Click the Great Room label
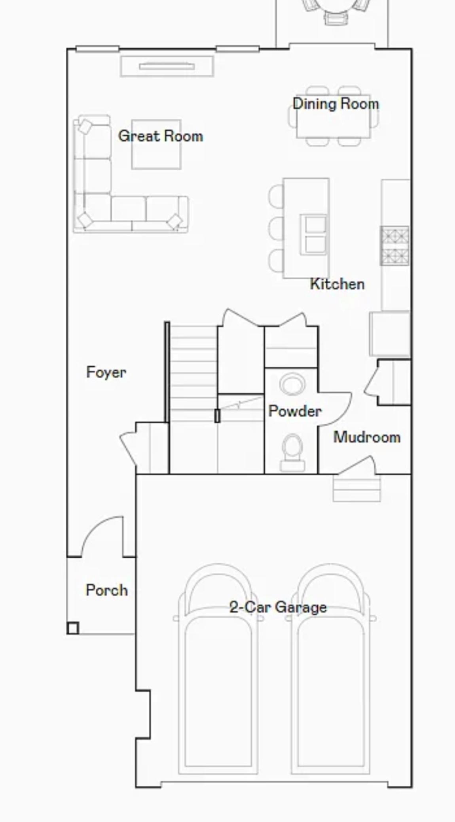coord(161,136)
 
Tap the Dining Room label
coord(336,104)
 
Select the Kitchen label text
coord(337,284)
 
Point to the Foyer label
coord(106,372)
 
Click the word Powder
coord(295,411)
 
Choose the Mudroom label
coord(367,437)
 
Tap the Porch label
coord(107,590)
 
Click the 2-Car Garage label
coord(278,607)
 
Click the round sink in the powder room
coord(292,384)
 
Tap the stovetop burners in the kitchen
coord(394,246)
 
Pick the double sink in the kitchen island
coord(314,234)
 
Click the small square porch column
coord(73,628)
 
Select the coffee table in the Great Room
coord(156,144)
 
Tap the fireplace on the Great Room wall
coord(167,66)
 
